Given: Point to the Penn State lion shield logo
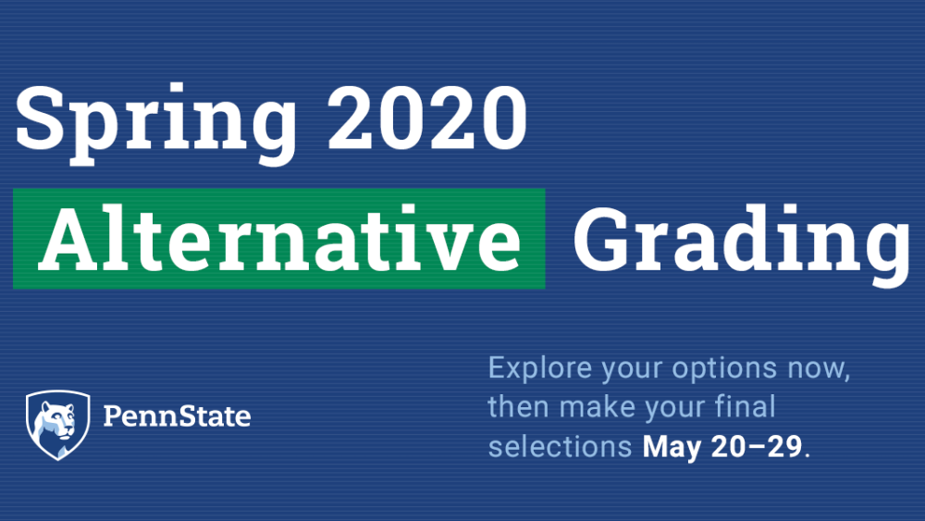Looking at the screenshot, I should tap(57, 424).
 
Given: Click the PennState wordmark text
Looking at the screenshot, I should tap(177, 416).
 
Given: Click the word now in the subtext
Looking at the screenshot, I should tap(819, 369).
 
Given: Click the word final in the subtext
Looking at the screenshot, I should tap(746, 407).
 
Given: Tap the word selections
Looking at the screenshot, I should tap(560, 446).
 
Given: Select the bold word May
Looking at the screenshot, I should tap(673, 447).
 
